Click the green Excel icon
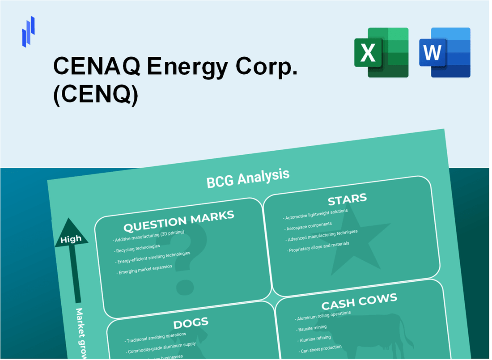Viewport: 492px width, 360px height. pyautogui.click(x=381, y=52)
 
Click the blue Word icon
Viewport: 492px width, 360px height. pyautogui.click(x=445, y=52)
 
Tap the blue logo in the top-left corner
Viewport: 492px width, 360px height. pyautogui.click(x=28, y=31)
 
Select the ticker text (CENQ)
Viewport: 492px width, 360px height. pyautogui.click(x=95, y=95)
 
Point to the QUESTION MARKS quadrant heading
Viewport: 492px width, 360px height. pyautogui.click(x=178, y=220)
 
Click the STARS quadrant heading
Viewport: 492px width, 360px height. pyautogui.click(x=347, y=199)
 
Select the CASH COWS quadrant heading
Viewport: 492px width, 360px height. pyautogui.click(x=359, y=302)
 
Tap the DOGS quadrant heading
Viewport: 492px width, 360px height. pyautogui.click(x=191, y=323)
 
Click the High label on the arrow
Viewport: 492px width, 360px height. pyautogui.click(x=71, y=239)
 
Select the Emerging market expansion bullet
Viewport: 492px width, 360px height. pyautogui.click(x=144, y=270)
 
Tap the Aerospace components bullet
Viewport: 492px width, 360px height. pyautogui.click(x=309, y=225)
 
